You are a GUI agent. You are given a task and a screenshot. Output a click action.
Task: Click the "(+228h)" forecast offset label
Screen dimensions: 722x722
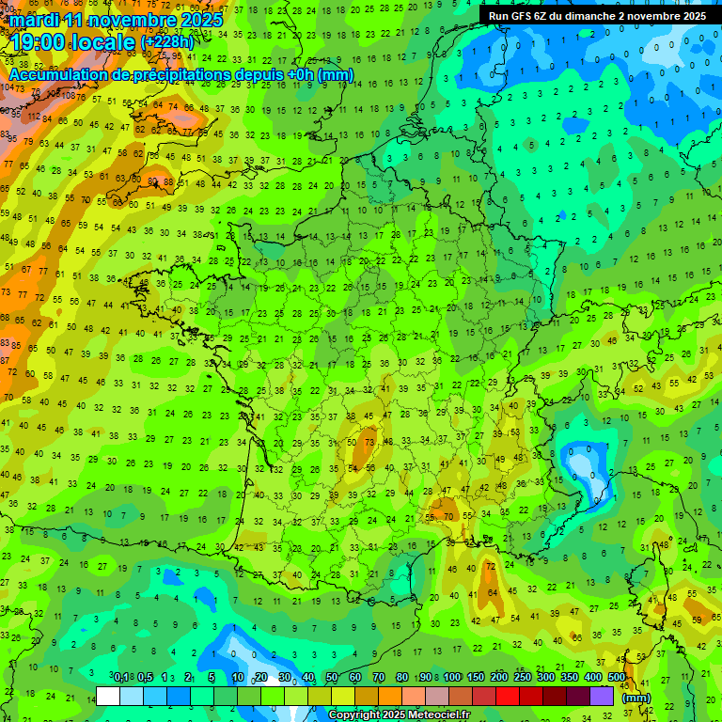click(167, 42)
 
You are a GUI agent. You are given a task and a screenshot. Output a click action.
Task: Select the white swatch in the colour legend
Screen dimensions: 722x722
click(108, 697)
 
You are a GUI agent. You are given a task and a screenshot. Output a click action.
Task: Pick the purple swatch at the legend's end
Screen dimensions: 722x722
click(602, 697)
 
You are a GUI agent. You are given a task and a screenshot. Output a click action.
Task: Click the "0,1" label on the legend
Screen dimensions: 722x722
click(121, 678)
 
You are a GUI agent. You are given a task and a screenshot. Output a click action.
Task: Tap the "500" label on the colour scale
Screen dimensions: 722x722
click(617, 678)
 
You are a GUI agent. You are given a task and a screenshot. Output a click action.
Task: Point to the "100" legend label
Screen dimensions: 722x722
click(451, 678)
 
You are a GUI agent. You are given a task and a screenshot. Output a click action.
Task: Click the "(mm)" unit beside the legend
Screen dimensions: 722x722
click(636, 698)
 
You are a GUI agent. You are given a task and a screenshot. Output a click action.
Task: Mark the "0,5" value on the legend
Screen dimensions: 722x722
click(145, 678)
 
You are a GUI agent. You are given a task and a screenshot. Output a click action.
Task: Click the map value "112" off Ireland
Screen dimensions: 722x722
click(34, 118)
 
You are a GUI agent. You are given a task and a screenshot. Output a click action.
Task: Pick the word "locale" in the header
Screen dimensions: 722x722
click(106, 42)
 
